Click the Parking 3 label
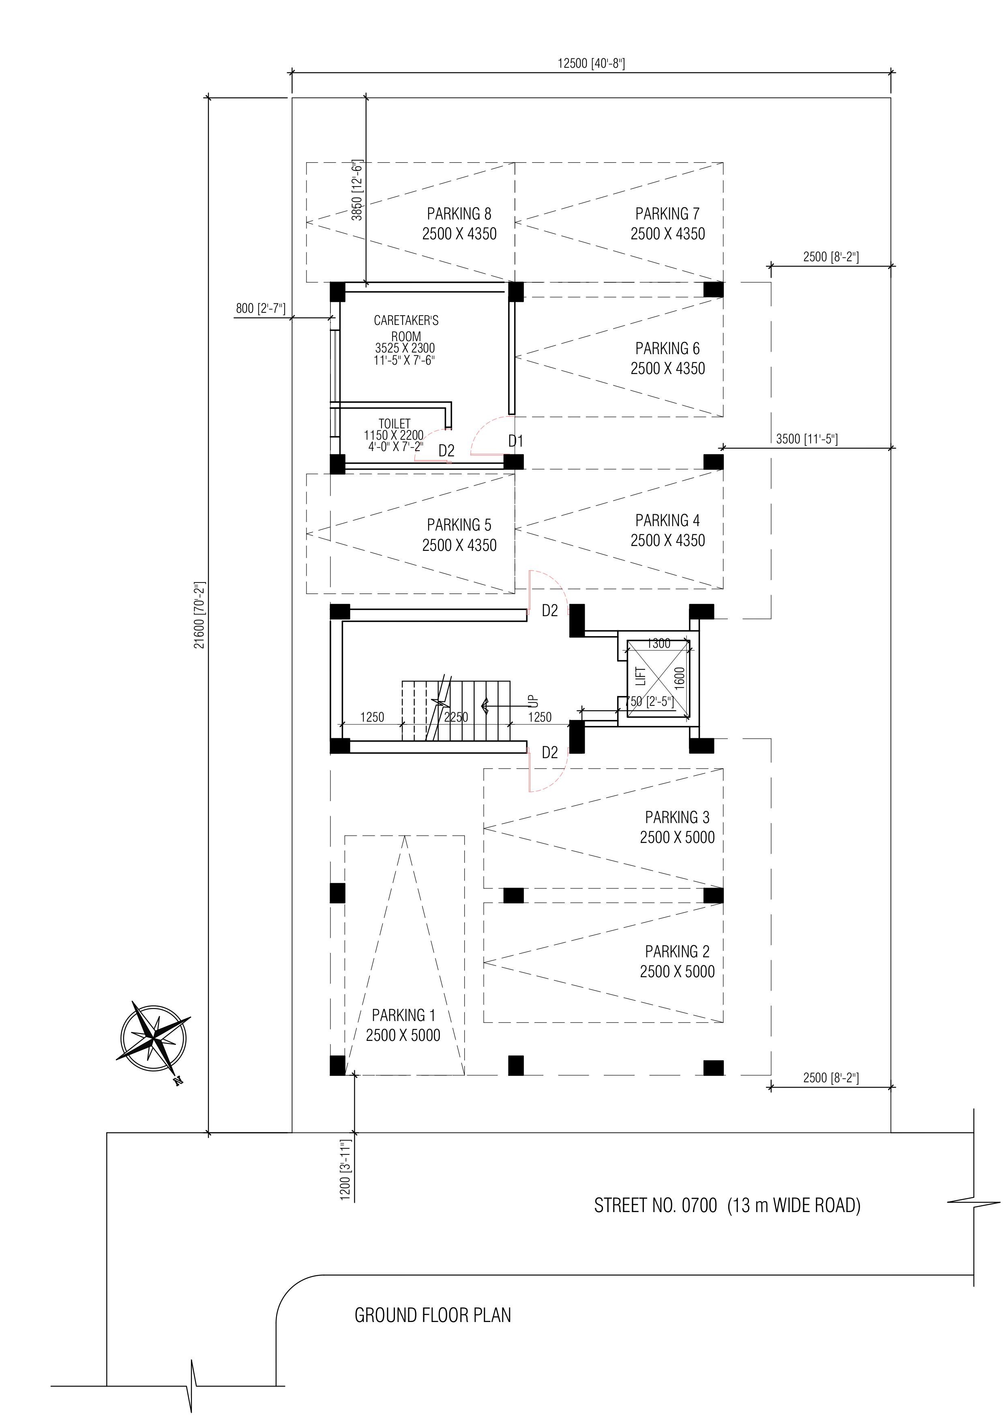[677, 817]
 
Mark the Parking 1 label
[403, 1015]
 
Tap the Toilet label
[395, 424]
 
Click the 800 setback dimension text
[261, 308]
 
